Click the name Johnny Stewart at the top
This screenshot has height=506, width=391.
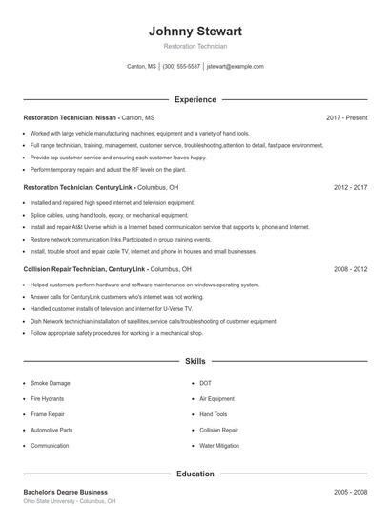[x=195, y=31]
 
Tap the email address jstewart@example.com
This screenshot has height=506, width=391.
[x=235, y=67]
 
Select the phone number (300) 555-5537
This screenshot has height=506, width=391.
[x=181, y=67]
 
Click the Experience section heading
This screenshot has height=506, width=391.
[x=195, y=99]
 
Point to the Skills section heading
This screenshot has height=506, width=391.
[x=195, y=362]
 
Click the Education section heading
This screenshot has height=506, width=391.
[x=195, y=474]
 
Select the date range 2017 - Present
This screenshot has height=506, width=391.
[x=346, y=117]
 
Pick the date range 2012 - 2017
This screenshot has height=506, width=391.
[x=350, y=188]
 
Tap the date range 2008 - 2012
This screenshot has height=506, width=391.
[x=350, y=269]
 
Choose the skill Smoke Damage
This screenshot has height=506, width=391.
[x=51, y=383]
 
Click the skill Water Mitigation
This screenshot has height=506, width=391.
[x=220, y=446]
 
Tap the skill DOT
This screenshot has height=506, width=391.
[x=205, y=383]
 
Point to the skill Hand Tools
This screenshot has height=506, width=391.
[x=214, y=414]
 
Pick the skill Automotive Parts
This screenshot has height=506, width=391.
[x=51, y=431]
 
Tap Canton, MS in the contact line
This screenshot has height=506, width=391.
[x=141, y=67]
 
